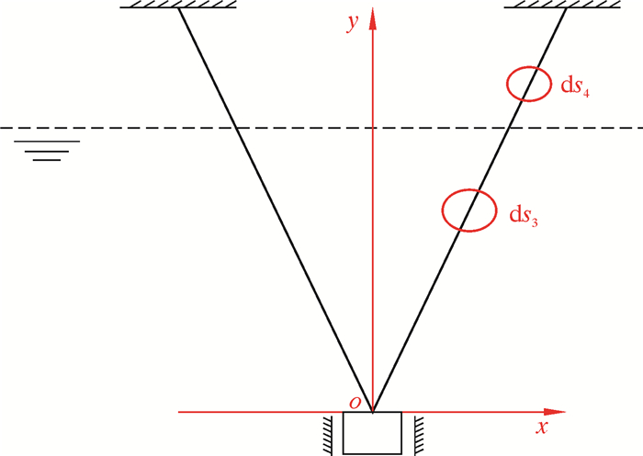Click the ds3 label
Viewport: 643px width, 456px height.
tap(524, 215)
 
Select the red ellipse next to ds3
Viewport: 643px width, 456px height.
tap(466, 210)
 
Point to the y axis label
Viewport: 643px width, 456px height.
tap(352, 25)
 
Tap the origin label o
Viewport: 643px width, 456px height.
tap(354, 402)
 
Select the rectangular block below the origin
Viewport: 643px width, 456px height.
tap(372, 433)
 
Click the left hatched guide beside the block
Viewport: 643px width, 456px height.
tap(326, 433)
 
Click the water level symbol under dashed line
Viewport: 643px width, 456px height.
tap(47, 150)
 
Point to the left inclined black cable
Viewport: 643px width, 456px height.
tap(276, 211)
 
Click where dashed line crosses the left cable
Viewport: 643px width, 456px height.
tap(236, 128)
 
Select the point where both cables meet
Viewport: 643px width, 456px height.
tap(373, 411)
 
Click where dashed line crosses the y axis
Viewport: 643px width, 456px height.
tap(373, 128)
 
